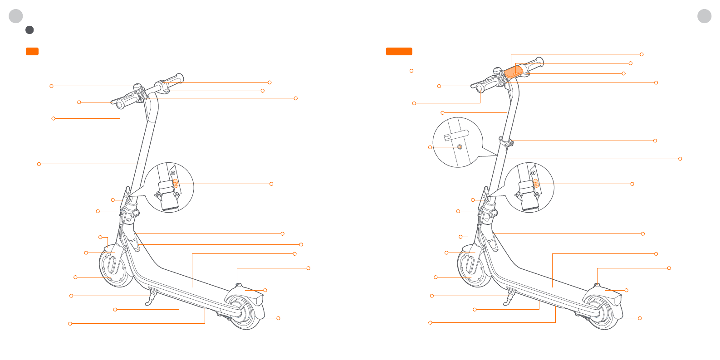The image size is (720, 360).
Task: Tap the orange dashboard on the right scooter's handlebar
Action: (514, 72)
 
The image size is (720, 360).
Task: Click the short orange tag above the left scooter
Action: (32, 51)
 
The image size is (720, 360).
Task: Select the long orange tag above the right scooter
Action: (399, 51)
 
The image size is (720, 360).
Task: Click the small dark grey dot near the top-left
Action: (29, 30)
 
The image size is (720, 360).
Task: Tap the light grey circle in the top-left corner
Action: (16, 16)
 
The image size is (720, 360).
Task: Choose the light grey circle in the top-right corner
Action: (704, 16)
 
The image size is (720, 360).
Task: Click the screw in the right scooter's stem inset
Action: (459, 147)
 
